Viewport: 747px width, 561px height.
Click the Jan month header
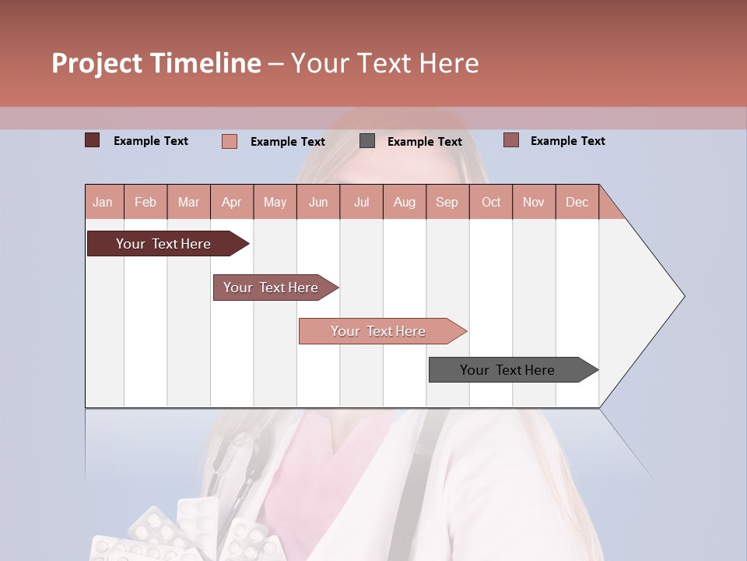pos(103,202)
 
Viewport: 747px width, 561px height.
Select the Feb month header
pos(146,202)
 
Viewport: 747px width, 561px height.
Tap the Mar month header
pos(188,202)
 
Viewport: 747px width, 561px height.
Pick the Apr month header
pos(232,202)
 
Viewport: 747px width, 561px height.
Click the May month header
pos(275,202)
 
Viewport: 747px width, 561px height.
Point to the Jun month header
pos(318,202)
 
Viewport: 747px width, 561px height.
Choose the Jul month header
pos(361,202)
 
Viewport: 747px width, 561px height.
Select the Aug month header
pos(405,202)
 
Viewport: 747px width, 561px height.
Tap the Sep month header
pos(447,202)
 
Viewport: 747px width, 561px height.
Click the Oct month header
pos(491,202)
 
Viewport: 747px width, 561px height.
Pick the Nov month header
pos(534,202)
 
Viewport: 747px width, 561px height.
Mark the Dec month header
pos(577,202)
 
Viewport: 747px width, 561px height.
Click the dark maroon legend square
pos(93,140)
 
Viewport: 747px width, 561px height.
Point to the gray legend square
pos(367,141)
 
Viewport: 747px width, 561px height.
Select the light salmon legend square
pos(230,141)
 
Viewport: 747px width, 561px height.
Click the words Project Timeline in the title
pos(156,63)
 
